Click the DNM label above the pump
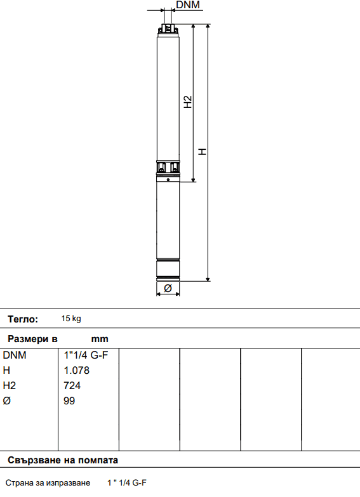pos(187,6)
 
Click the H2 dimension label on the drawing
pos(188,102)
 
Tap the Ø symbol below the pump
pos(168,288)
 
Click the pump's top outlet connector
pos(168,29)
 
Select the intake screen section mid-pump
pos(168,168)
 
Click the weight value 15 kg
pos(71,319)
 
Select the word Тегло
pos(23,319)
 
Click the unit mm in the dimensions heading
pos(100,339)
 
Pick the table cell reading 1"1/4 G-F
pos(86,355)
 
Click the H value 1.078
pos(77,370)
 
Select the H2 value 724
pos(72,385)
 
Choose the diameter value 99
pos(70,401)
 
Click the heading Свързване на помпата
pos(63,460)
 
